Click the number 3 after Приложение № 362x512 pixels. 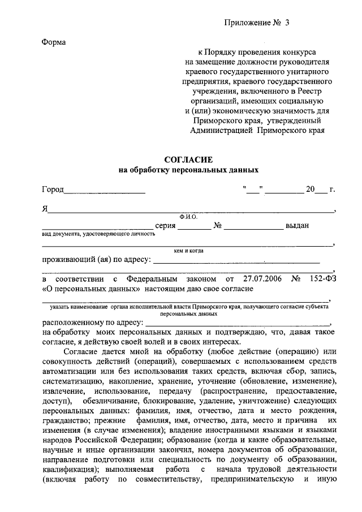click(287, 23)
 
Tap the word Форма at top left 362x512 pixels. click(54, 43)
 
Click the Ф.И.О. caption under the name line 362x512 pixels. click(187, 217)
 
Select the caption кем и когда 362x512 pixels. click(188, 251)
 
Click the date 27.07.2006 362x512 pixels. click(261, 279)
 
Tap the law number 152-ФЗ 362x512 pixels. click(323, 279)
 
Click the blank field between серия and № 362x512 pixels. click(194, 227)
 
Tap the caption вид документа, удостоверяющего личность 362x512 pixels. click(98, 233)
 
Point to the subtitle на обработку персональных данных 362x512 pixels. click(188, 169)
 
